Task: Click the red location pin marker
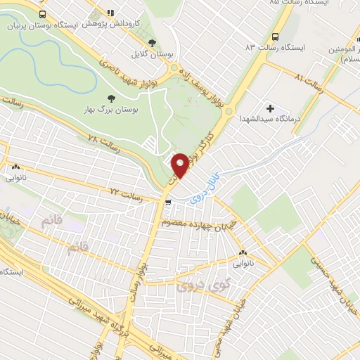pos(180,165)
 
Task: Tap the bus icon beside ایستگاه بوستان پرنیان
pos(43,15)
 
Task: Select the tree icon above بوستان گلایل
pos(153,43)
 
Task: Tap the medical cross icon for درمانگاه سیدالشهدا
pos(270,108)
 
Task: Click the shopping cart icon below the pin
pos(167,202)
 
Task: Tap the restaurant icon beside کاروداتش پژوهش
pos(110,13)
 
